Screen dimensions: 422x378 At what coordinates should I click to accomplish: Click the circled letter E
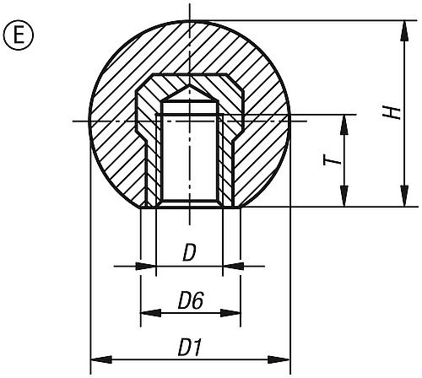coord(19,35)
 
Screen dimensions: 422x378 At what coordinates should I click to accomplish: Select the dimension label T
coord(331,161)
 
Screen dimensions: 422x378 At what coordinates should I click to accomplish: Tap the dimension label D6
coord(191,301)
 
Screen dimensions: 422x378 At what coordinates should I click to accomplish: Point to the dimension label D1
coord(191,348)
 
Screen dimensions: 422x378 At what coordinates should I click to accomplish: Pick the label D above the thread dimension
coord(189,253)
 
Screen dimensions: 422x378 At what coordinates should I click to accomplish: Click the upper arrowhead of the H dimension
coord(404,31)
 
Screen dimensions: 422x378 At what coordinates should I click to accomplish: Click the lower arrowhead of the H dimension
coord(404,196)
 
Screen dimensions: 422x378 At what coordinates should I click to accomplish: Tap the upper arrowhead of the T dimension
coord(344,126)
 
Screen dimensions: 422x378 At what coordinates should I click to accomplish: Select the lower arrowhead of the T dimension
coord(344,196)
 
